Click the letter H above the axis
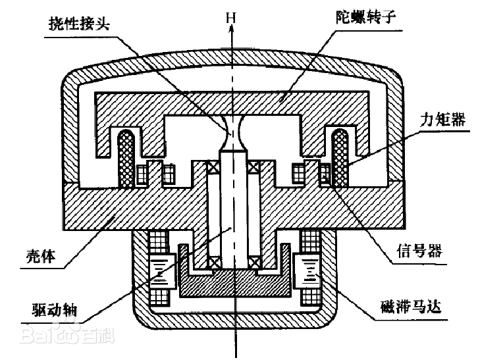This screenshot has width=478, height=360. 230,14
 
